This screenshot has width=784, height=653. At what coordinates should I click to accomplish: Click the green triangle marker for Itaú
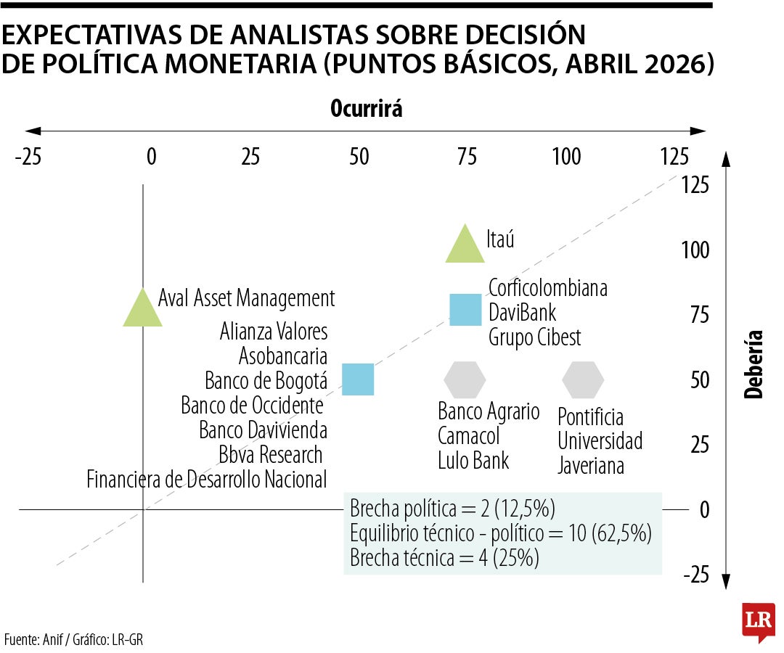[465, 246]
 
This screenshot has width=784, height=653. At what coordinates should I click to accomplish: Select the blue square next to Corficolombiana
[465, 309]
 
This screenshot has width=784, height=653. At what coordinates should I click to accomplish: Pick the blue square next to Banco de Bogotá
[358, 379]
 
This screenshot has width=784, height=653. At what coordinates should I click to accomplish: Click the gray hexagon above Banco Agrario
[465, 379]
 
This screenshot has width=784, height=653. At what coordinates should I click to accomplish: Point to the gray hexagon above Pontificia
[583, 379]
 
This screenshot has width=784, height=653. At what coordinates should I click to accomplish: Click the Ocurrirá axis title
[367, 109]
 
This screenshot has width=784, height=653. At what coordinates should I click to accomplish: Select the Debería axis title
[755, 364]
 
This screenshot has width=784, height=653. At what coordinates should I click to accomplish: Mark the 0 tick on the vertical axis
[703, 510]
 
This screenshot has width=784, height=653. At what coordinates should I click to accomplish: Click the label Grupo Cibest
[534, 337]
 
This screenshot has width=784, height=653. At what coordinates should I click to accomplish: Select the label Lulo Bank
[473, 460]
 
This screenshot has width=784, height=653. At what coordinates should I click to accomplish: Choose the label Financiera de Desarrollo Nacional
[206, 479]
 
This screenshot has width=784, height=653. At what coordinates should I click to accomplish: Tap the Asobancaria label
[283, 356]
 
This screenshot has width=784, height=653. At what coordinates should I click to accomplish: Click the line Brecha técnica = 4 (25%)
[444, 559]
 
